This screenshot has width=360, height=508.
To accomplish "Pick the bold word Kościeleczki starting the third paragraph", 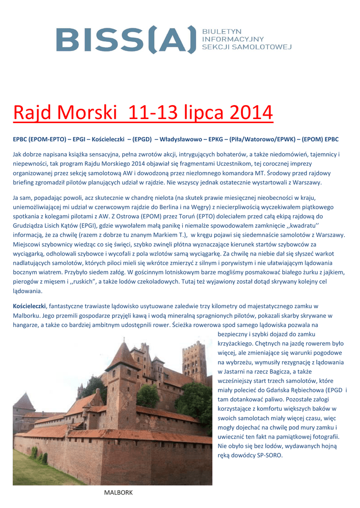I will pyautogui.click(x=29, y=306).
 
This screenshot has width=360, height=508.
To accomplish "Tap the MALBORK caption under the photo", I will pyautogui.click(x=118, y=492).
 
